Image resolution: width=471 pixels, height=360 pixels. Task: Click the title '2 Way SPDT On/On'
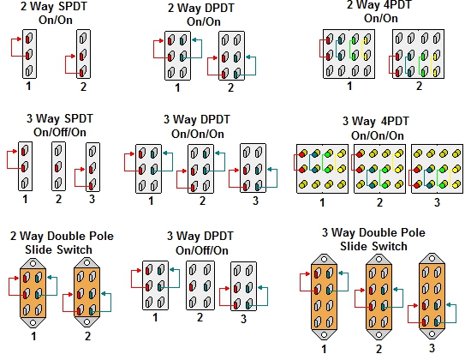point(54,13)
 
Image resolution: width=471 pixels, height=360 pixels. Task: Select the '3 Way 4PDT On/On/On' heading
point(377,129)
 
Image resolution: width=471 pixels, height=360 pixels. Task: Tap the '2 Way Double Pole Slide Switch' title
point(62,243)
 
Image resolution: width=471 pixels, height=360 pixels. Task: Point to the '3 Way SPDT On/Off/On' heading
point(60,125)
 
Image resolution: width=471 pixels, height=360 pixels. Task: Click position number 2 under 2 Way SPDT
point(83,87)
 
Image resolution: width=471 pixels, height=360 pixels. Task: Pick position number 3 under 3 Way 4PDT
point(437,202)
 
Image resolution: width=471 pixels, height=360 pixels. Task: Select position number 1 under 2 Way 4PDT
point(349,87)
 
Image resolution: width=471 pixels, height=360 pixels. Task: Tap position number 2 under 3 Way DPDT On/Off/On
point(200,317)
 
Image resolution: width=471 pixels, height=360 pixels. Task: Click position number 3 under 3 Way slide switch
point(432,348)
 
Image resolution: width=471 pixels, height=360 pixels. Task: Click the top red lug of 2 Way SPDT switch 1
point(28,39)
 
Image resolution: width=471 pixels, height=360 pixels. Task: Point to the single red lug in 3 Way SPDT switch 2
point(57,166)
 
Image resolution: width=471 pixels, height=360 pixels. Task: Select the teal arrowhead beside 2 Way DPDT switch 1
point(194,39)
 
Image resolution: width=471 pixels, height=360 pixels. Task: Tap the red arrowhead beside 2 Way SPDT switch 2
point(74,56)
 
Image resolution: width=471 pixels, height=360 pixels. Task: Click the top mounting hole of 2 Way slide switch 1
point(33,264)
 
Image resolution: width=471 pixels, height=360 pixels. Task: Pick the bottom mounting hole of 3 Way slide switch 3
point(432,333)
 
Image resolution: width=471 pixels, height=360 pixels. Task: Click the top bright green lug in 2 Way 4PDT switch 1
point(355,39)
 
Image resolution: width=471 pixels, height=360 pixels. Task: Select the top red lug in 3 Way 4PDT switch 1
point(302,154)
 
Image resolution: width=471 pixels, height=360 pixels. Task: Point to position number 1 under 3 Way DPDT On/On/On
point(151,201)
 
